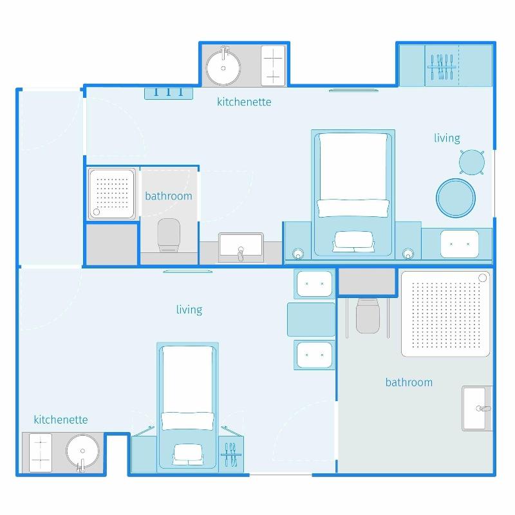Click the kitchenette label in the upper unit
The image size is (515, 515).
coord(244,102)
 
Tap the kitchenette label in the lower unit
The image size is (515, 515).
coord(61,420)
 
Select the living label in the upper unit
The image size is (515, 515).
coord(447,138)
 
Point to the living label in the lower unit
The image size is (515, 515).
coord(189,310)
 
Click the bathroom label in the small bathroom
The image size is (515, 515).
coord(169,196)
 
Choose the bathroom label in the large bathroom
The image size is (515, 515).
coord(409,382)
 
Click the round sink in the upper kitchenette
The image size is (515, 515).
coord(223,68)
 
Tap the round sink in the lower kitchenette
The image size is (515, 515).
coord(82,452)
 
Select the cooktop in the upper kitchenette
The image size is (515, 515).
coord(273,66)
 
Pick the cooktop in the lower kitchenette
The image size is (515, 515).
coord(41,453)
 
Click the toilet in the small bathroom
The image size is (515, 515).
coord(169,234)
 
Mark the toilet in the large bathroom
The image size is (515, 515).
coord(368,316)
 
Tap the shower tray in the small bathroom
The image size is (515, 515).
coord(111,194)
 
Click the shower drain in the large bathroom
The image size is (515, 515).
coord(482,278)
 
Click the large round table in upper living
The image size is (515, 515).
coord(456,198)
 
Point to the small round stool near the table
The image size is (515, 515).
coord(472,162)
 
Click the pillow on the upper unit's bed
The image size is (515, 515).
coord(353,208)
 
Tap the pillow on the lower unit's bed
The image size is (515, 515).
coord(187,421)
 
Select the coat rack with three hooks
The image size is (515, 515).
coord(169,93)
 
